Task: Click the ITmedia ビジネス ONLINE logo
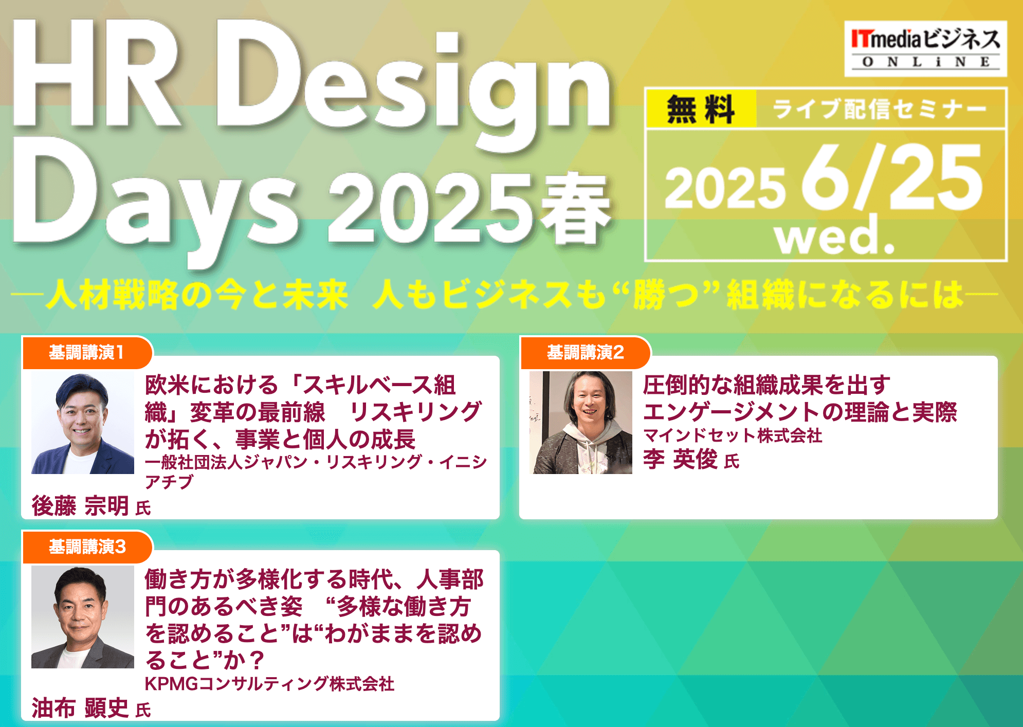pyautogui.click(x=925, y=49)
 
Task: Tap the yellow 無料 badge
pyautogui.click(x=701, y=109)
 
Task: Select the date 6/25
pyautogui.click(x=892, y=177)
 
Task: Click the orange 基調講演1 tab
pyautogui.click(x=87, y=353)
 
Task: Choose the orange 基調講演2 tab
pyautogui.click(x=586, y=353)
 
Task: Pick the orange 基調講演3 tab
pyautogui.click(x=87, y=547)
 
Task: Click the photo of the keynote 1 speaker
pyautogui.click(x=83, y=423)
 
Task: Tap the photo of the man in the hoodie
pyautogui.click(x=581, y=423)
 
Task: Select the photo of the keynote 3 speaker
pyautogui.click(x=83, y=617)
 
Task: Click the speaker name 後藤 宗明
pyautogui.click(x=80, y=506)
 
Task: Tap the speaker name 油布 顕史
pyautogui.click(x=80, y=708)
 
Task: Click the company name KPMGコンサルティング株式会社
pyautogui.click(x=270, y=684)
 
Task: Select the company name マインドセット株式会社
pyautogui.click(x=733, y=436)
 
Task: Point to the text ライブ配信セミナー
pyautogui.click(x=880, y=109)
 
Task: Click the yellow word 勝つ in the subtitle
pyautogui.click(x=666, y=295)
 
